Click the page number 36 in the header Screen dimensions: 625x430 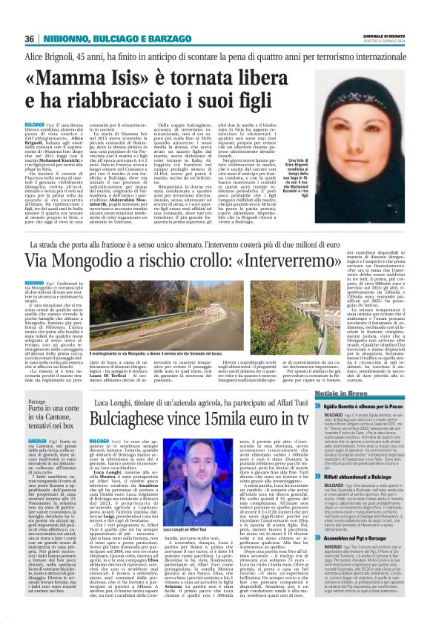[x=30, y=39]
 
